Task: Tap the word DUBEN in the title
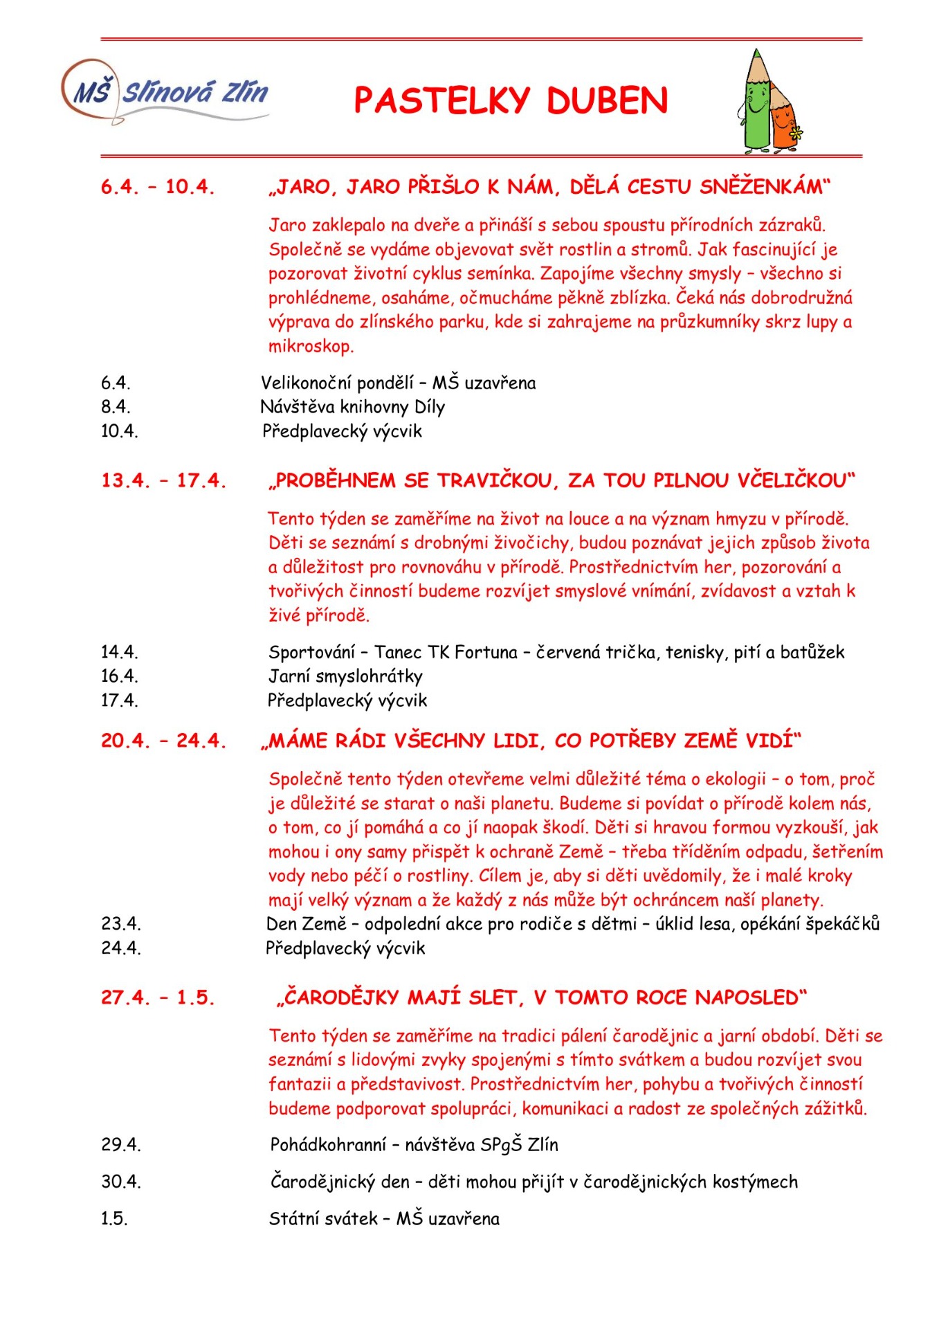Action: [607, 101]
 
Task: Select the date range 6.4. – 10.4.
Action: [158, 187]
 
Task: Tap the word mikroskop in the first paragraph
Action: [311, 346]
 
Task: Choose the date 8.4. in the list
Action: [116, 407]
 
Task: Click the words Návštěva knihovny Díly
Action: [353, 407]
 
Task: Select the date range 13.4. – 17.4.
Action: [163, 480]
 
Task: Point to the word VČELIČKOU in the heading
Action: [795, 480]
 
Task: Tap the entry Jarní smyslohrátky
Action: [345, 676]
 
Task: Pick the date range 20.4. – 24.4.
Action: [163, 741]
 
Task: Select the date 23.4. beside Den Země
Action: [121, 924]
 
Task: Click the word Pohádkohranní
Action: [328, 1145]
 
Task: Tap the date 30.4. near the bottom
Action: [121, 1182]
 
